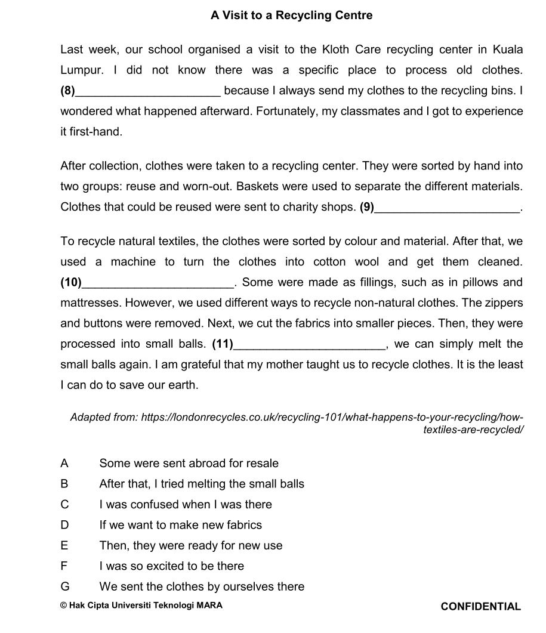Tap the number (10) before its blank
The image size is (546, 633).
72,283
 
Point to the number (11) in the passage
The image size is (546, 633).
223,344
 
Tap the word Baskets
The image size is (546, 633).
257,187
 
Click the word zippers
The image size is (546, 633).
502,303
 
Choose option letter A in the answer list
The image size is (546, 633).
64,464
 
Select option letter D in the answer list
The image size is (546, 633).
64,526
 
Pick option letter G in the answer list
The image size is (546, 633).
65,587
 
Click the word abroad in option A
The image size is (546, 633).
207,464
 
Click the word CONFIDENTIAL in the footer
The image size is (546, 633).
480,607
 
